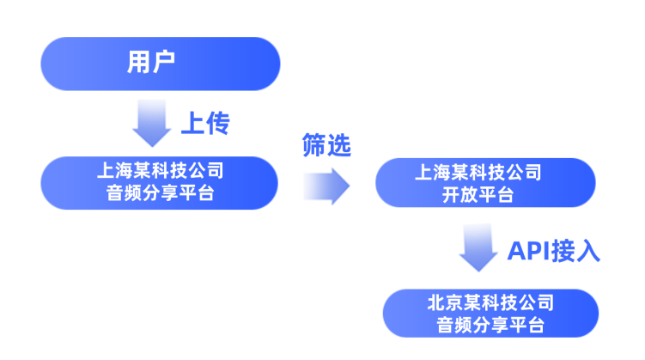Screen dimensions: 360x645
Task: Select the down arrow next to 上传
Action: point(152,123)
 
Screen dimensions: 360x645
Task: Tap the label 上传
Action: point(204,123)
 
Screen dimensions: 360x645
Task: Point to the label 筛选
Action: point(326,146)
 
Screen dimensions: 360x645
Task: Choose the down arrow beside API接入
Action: point(478,248)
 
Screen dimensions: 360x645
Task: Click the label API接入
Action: point(553,250)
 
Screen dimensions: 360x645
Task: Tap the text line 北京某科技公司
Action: point(490,302)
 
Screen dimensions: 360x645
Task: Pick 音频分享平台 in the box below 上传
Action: point(160,193)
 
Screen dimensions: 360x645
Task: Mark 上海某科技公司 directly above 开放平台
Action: point(484,172)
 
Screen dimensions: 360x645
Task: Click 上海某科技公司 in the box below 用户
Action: point(160,170)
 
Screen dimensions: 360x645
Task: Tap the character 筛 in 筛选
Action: point(313,146)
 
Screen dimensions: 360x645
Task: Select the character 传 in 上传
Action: point(217,123)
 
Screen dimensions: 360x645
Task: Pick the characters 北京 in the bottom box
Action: point(445,302)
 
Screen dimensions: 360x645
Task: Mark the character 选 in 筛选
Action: point(339,146)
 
